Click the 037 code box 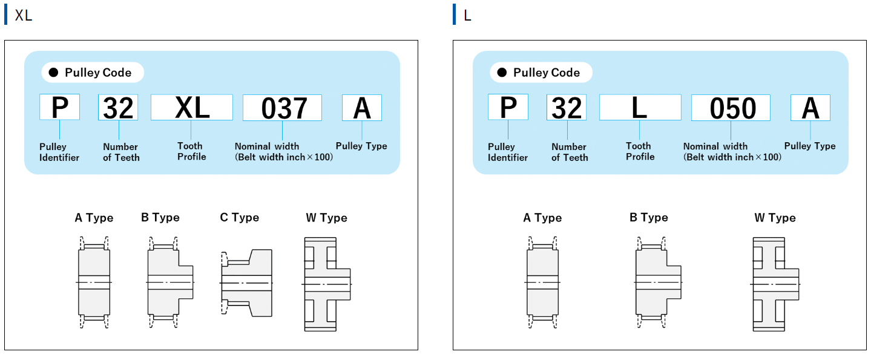tap(282, 108)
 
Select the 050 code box tap(731, 108)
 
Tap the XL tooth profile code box tap(192, 107)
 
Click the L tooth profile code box tap(640, 107)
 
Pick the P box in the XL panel tap(59, 107)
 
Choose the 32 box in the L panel tap(567, 107)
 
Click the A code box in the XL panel tap(362, 108)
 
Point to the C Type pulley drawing tap(246, 282)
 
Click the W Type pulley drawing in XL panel tap(327, 284)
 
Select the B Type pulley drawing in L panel tap(658, 282)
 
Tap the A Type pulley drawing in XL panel tap(94, 282)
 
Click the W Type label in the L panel tap(775, 218)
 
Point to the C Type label tap(240, 217)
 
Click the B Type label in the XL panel tap(160, 217)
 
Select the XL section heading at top tap(24, 15)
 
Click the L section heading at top tap(467, 16)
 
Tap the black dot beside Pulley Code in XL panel tap(54, 73)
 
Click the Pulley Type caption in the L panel tap(809, 146)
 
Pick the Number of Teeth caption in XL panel tap(121, 152)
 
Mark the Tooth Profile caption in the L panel tap(640, 151)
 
